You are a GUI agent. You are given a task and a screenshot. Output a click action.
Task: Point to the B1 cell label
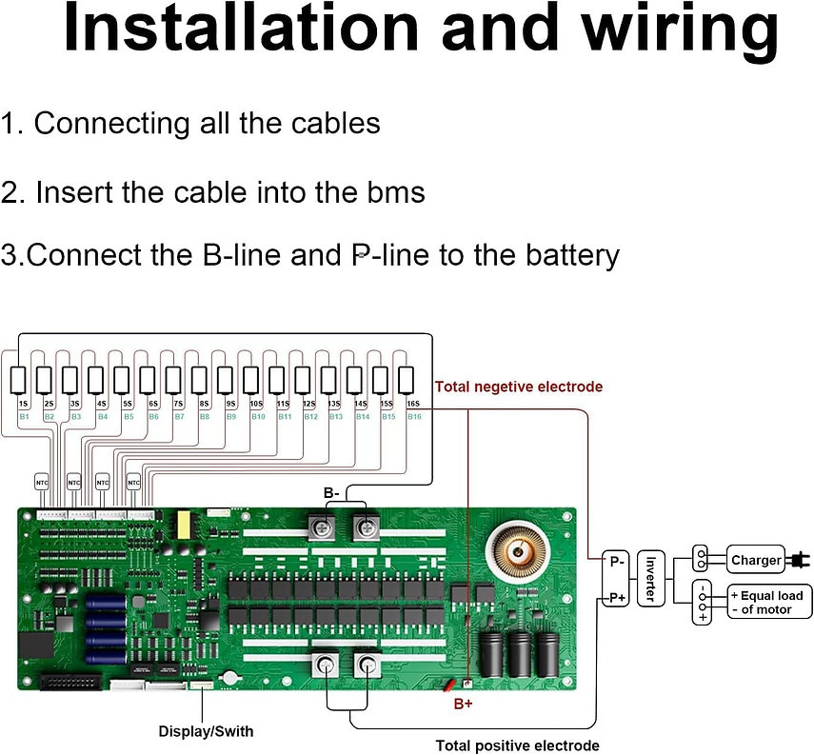pos(24,417)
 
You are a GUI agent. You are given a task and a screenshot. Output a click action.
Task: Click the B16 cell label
pos(413,417)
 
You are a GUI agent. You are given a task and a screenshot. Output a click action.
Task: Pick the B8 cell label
pos(205,417)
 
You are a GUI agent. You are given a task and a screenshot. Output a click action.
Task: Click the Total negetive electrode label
pos(519,387)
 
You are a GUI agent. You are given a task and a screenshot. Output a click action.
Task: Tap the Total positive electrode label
pos(517,745)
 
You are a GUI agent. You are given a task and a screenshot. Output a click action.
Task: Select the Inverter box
pos(651,579)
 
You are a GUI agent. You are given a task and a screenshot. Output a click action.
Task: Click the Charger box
pos(756,561)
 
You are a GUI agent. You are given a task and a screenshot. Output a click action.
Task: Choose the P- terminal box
pos(616,562)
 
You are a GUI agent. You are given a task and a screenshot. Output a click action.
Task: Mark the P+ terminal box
pos(616,598)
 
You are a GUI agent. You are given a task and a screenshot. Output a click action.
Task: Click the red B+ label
pos(463,705)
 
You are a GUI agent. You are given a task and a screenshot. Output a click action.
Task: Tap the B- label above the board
pos(331,493)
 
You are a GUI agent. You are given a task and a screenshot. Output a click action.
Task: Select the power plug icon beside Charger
pos(800,561)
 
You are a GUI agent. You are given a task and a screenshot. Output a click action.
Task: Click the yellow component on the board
pos(182,526)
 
